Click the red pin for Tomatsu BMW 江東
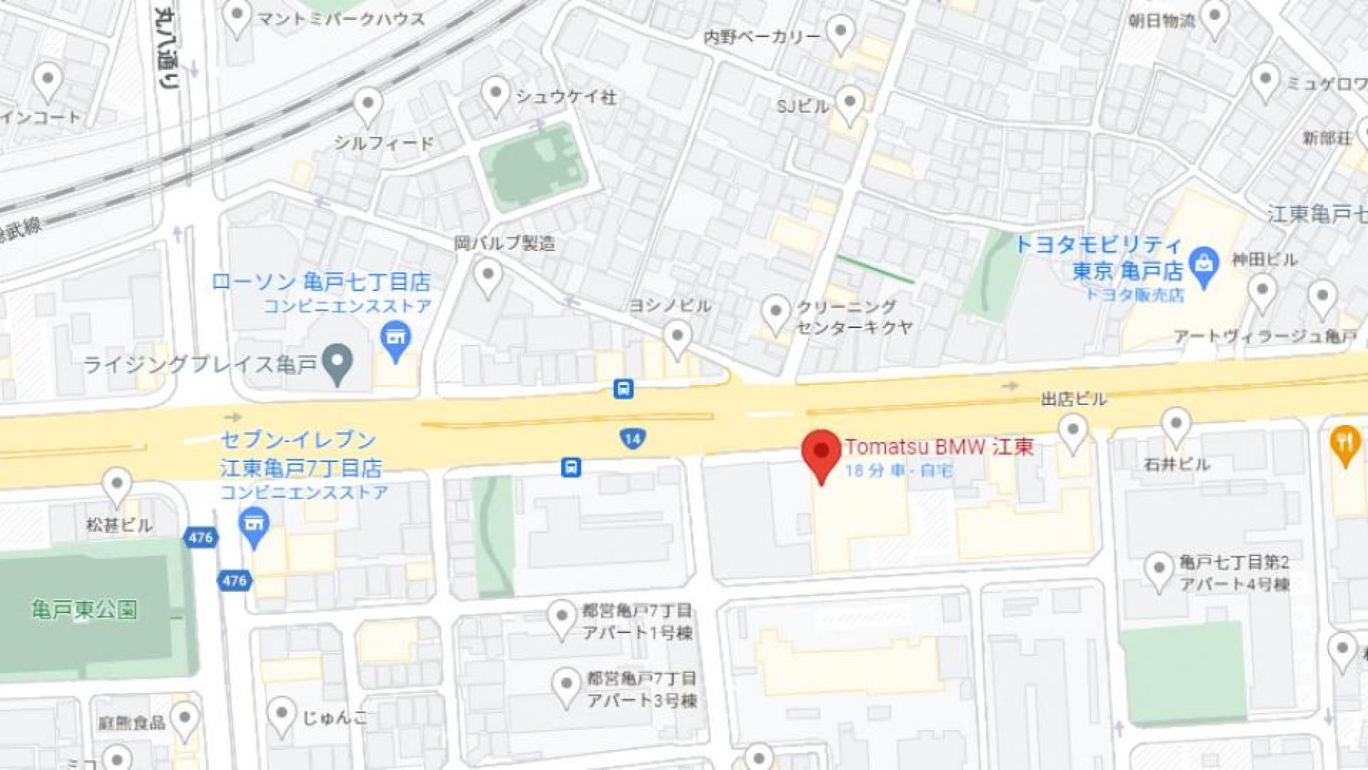click(x=821, y=453)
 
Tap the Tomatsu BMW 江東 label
click(x=938, y=446)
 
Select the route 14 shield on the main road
click(x=632, y=439)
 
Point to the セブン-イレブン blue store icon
click(x=254, y=526)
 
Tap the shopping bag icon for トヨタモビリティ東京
click(x=1204, y=264)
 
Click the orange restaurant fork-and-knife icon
click(x=1345, y=443)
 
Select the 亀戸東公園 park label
click(x=85, y=610)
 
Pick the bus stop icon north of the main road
click(x=623, y=389)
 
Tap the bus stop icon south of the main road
click(x=570, y=467)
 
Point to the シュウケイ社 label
click(x=565, y=97)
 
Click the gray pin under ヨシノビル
click(x=677, y=338)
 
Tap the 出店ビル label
click(x=1073, y=399)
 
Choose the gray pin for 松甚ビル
click(x=117, y=486)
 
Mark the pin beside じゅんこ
click(x=281, y=715)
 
